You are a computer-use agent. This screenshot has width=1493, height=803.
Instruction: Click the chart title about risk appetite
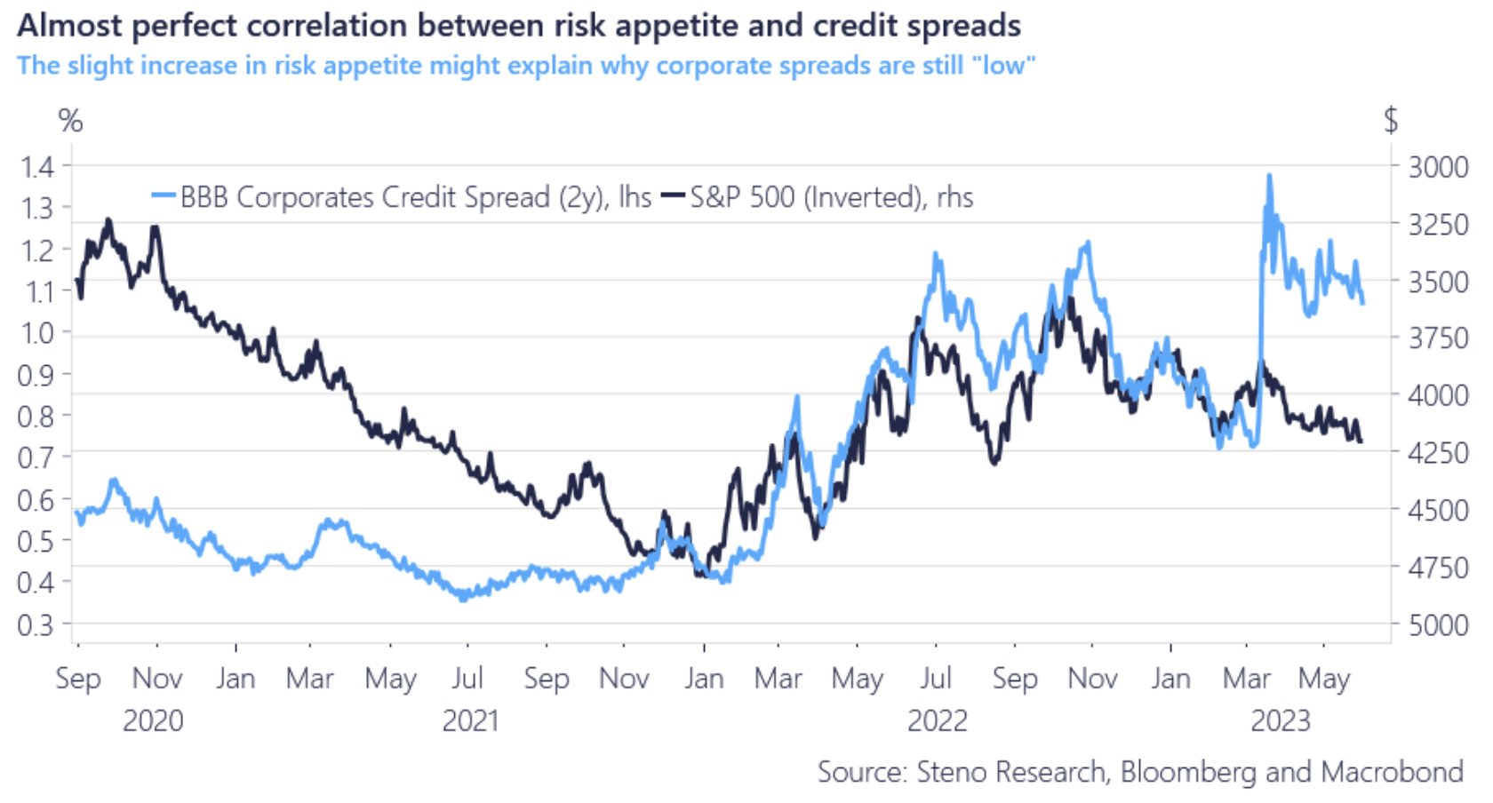(519, 26)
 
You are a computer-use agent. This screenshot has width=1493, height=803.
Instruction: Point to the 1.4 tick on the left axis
(36, 166)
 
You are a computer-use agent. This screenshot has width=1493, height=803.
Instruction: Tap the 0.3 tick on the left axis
(36, 624)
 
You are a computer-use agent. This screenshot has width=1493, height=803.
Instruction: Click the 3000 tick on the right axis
(1437, 167)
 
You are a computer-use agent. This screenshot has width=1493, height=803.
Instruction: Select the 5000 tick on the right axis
(1437, 625)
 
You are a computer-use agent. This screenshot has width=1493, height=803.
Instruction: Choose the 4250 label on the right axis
(1437, 453)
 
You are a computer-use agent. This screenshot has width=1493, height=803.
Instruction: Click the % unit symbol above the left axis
(70, 121)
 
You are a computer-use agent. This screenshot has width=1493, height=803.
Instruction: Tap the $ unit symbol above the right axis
(1391, 120)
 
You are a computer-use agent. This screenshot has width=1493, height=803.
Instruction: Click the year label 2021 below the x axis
(470, 720)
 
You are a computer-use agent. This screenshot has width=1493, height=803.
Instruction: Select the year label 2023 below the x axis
(1280, 720)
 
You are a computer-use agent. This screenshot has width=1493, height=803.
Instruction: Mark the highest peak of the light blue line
(1269, 176)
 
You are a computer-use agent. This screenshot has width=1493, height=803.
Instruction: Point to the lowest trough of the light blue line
(462, 599)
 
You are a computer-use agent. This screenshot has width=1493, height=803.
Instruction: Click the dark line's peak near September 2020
(108, 219)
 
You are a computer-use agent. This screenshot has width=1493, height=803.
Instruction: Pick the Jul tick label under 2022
(936, 679)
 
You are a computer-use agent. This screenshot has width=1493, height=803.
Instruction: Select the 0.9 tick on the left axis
(36, 374)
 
